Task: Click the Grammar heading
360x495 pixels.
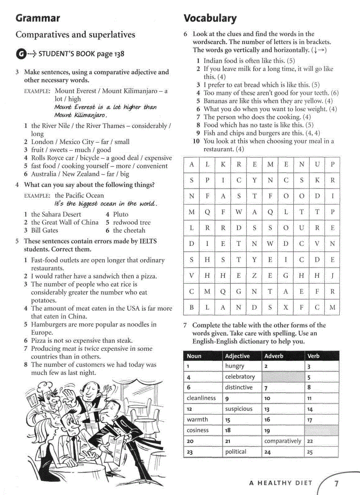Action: tap(37, 18)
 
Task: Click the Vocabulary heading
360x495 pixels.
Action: tap(210, 18)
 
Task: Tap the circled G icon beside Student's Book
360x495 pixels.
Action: tap(20, 54)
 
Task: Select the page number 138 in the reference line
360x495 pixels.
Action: tap(117, 54)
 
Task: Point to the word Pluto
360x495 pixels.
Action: tap(120, 214)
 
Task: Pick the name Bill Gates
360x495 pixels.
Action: tap(45, 230)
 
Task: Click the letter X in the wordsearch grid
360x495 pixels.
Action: tap(285, 307)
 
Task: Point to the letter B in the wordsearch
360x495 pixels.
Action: tap(191, 307)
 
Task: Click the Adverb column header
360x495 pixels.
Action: tap(274, 356)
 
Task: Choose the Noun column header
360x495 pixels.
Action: tap(194, 356)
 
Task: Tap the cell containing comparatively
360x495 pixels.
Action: tap(282, 441)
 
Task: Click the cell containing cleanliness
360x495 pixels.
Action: tap(201, 398)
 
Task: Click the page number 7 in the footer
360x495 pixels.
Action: tap(336, 484)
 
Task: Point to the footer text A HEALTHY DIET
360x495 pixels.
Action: tap(280, 483)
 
